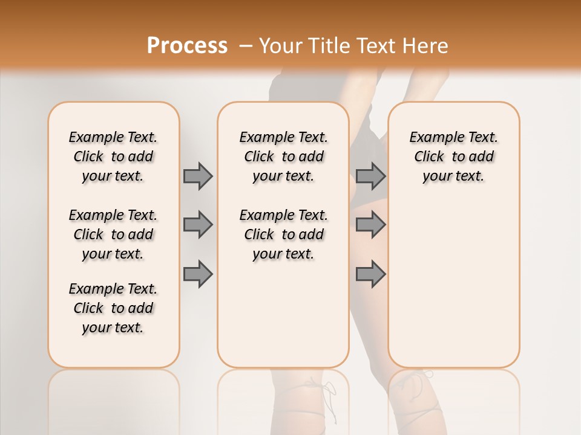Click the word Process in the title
187,45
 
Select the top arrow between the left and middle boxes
198,176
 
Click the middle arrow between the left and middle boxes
198,225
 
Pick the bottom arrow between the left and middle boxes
198,274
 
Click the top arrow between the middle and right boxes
370,176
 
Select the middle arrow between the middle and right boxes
370,225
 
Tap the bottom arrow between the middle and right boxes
370,274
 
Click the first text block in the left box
113,156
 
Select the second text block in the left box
113,234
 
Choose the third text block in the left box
113,308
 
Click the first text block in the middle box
283,156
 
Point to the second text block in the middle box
283,234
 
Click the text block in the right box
453,156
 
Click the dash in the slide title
246,46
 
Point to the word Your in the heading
281,45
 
